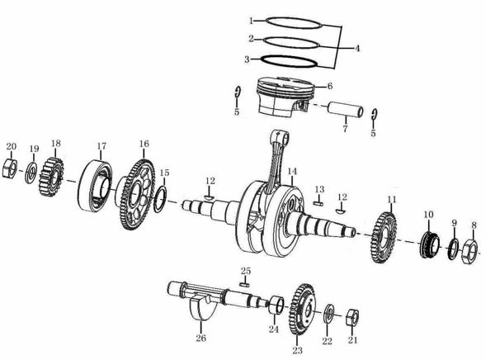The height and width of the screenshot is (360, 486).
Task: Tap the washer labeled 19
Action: click(x=31, y=173)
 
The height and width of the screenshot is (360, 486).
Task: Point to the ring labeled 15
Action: click(x=162, y=197)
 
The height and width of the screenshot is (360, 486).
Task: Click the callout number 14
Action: click(x=291, y=171)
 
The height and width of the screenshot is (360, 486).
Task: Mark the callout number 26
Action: click(x=201, y=337)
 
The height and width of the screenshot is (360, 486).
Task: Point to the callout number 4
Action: click(x=357, y=49)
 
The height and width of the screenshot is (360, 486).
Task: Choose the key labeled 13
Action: click(x=318, y=201)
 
